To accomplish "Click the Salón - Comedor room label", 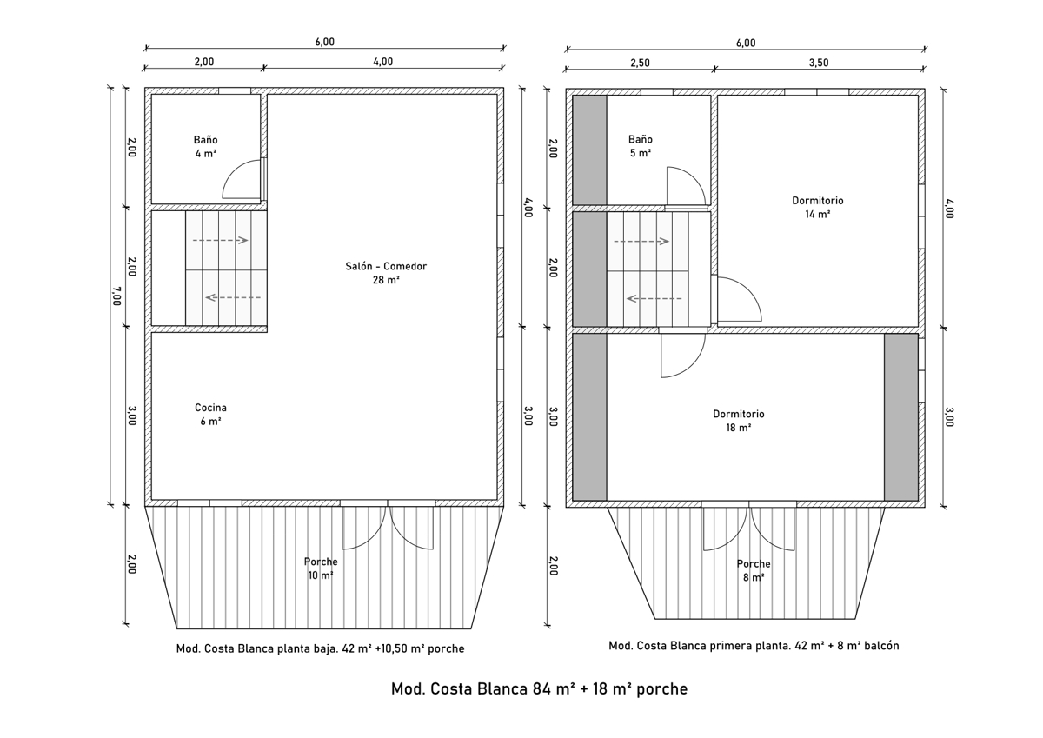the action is point(386,273).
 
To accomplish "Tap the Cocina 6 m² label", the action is point(210,415).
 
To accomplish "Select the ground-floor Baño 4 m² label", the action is point(205,147).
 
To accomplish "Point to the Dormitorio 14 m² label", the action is point(818,207).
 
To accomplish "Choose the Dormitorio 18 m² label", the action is point(739,421).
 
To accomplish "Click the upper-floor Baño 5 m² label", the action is point(641,146).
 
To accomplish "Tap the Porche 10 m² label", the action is point(321,568).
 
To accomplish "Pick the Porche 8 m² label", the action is point(754,570).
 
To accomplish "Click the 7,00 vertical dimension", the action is point(116,296).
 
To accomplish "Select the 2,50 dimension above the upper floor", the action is point(640,63).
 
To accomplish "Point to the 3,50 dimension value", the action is point(819,63).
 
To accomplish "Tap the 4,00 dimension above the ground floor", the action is point(382,62).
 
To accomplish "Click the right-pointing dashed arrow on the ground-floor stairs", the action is point(220,240).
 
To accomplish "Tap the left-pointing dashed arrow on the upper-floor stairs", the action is point(654,298).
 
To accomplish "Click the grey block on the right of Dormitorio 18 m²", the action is point(901,417).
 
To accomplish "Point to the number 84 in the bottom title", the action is point(542,688).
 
